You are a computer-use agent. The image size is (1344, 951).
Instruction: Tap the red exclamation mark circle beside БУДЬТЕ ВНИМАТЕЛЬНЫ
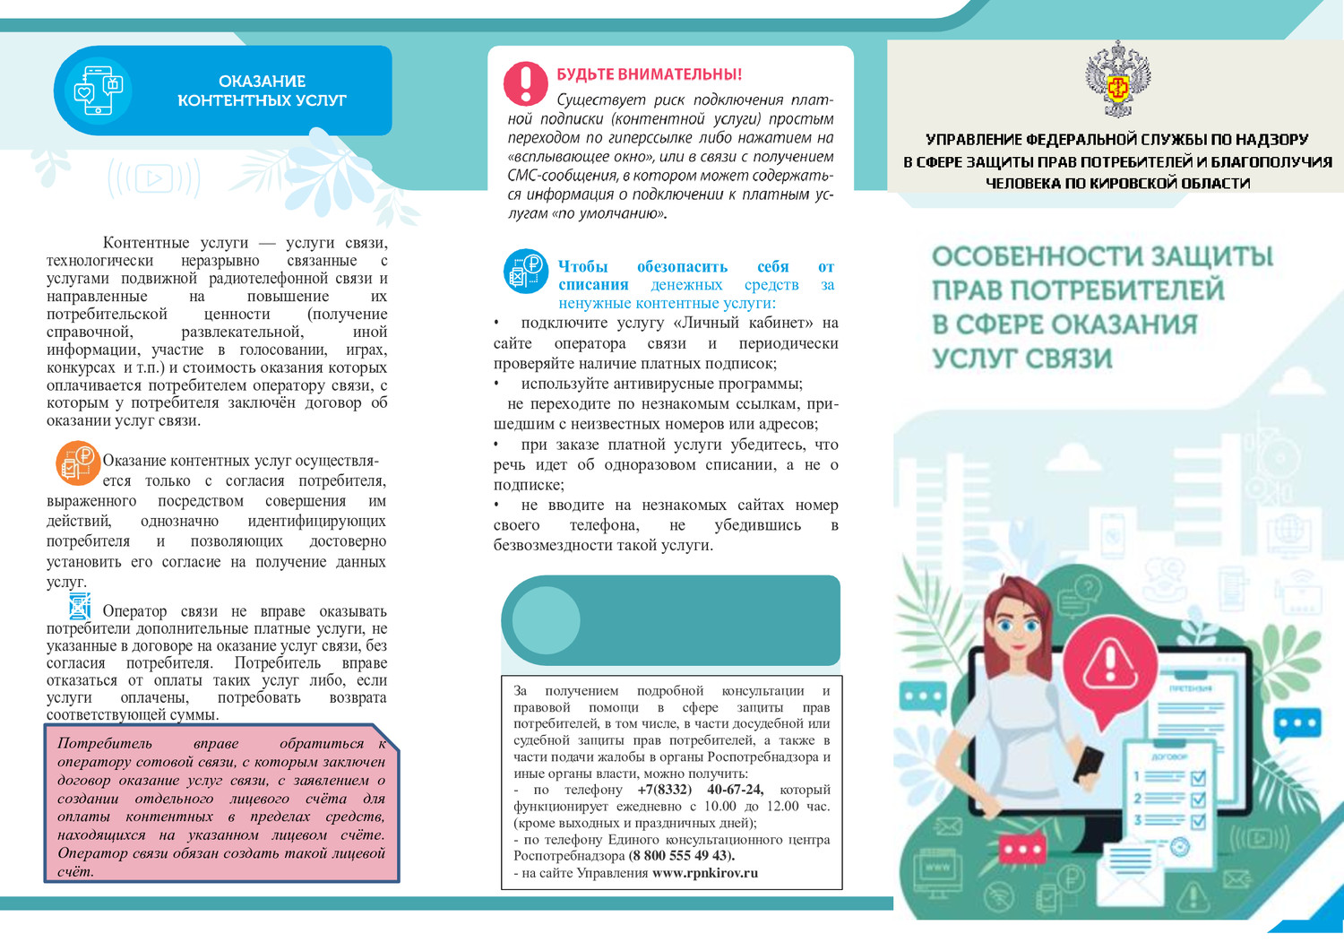pyautogui.click(x=525, y=83)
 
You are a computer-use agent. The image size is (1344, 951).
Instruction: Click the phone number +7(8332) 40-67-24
pyautogui.click(x=700, y=790)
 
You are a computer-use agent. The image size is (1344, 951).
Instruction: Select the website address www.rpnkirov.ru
pyautogui.click(x=704, y=873)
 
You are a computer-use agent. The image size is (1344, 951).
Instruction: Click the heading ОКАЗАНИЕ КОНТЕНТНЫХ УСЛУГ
pyautogui.click(x=262, y=91)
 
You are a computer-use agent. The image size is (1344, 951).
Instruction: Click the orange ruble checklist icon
pyautogui.click(x=77, y=463)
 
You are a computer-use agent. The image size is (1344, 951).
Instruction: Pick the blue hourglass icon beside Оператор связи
pyautogui.click(x=80, y=607)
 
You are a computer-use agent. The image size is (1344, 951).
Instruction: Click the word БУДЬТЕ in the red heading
pyautogui.click(x=587, y=74)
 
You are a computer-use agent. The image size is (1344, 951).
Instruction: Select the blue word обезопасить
pyautogui.click(x=682, y=267)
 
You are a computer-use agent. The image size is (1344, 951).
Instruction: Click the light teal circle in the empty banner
pyautogui.click(x=546, y=620)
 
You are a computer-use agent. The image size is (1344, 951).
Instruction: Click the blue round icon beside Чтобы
pyautogui.click(x=526, y=271)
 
